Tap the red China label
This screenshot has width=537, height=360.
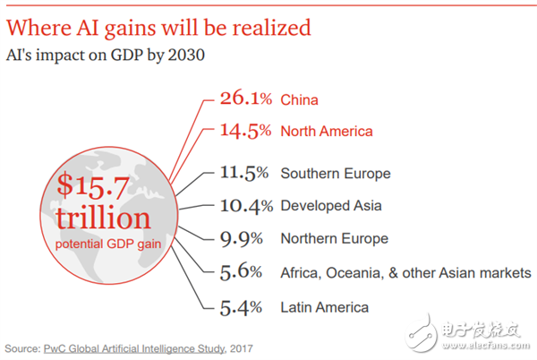(x=299, y=99)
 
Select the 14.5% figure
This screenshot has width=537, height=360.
(x=245, y=131)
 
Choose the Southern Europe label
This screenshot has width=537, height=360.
(x=336, y=173)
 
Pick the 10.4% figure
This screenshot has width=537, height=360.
(x=245, y=205)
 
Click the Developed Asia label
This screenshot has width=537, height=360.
(x=331, y=206)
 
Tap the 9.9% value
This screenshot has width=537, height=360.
(x=241, y=238)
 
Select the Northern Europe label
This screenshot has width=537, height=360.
(x=335, y=239)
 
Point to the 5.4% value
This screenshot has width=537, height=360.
(x=241, y=306)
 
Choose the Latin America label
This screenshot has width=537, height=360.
(x=324, y=307)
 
